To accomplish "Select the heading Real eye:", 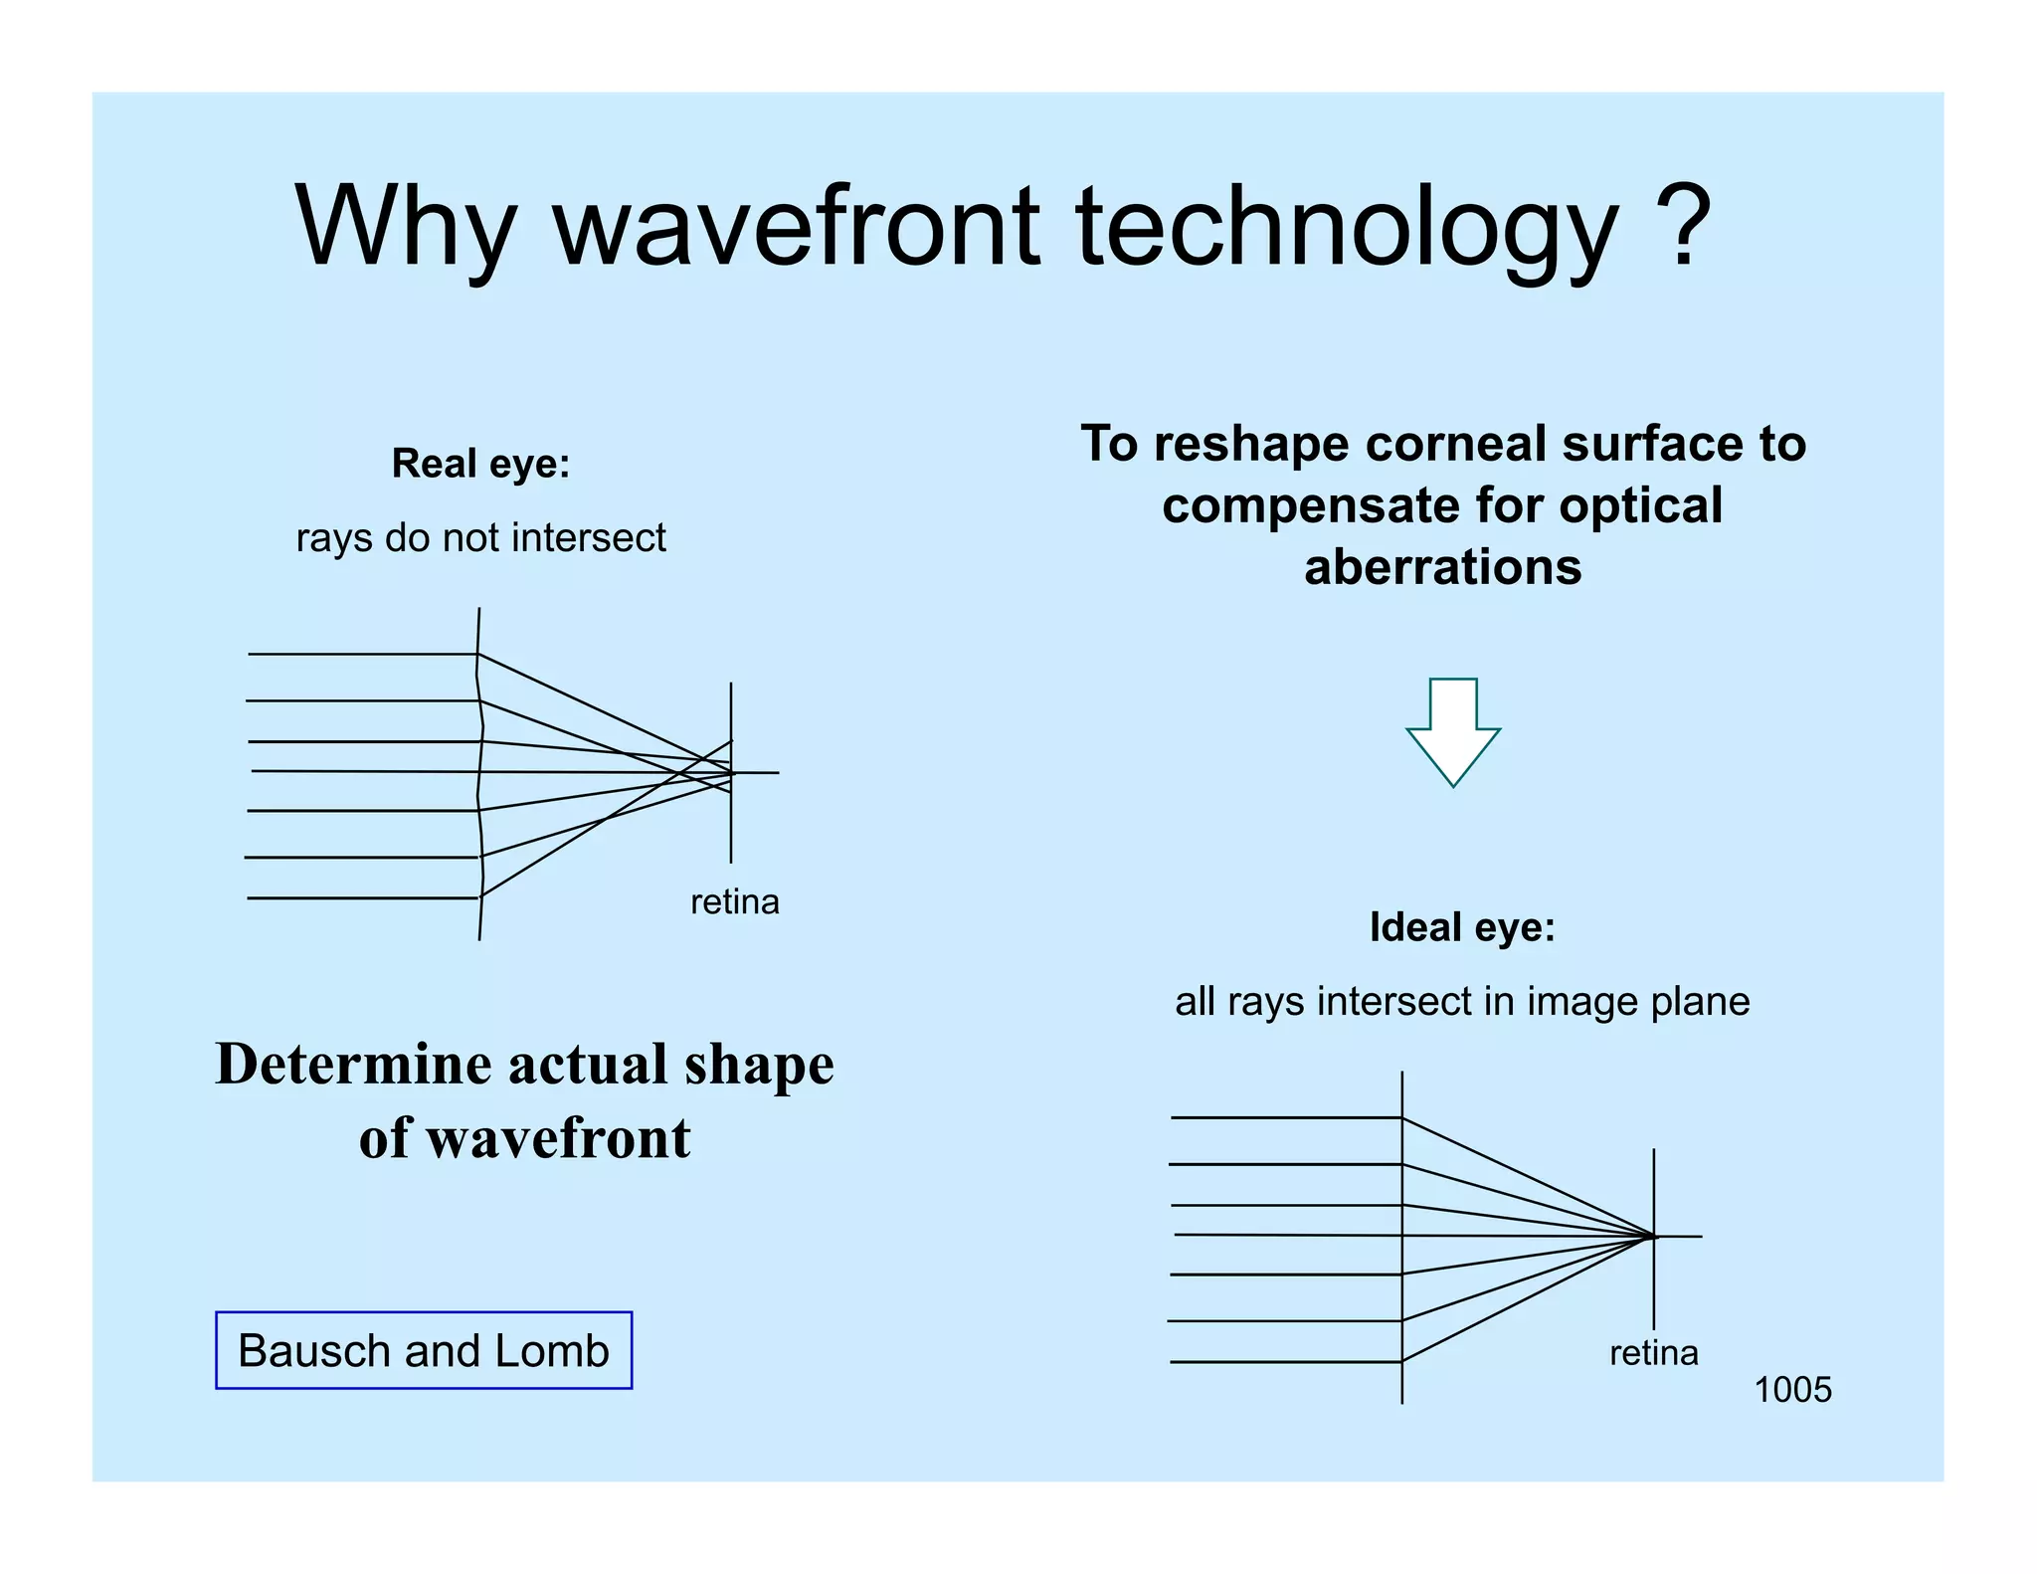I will pyautogui.click(x=480, y=464).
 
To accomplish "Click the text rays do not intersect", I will pyautogui.click(x=480, y=538).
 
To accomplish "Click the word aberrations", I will pyautogui.click(x=1442, y=568).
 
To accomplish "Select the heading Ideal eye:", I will pyautogui.click(x=1461, y=927).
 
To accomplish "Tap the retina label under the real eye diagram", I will pyautogui.click(x=735, y=902).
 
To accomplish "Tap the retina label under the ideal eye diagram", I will pyautogui.click(x=1653, y=1353).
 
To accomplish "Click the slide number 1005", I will pyautogui.click(x=1792, y=1390).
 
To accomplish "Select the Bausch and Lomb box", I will pyautogui.click(x=424, y=1350).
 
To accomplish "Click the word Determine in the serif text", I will pyautogui.click(x=353, y=1065).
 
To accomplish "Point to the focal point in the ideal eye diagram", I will pyautogui.click(x=1654, y=1237).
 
